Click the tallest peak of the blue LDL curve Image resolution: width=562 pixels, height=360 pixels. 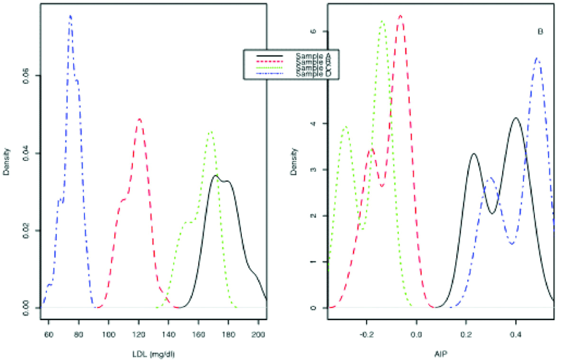[x=70, y=16]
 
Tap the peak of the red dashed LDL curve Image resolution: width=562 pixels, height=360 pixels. [x=139, y=119]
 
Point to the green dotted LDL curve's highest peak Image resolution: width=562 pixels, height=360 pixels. [x=211, y=132]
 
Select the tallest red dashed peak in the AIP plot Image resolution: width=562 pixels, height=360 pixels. [x=401, y=16]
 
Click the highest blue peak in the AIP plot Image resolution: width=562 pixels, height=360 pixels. [x=536, y=58]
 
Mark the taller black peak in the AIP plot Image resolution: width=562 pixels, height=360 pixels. [x=516, y=118]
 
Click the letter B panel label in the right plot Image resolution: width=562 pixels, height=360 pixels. [x=540, y=32]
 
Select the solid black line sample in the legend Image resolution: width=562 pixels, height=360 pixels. [x=269, y=55]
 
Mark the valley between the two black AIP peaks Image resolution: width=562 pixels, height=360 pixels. [x=493, y=213]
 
